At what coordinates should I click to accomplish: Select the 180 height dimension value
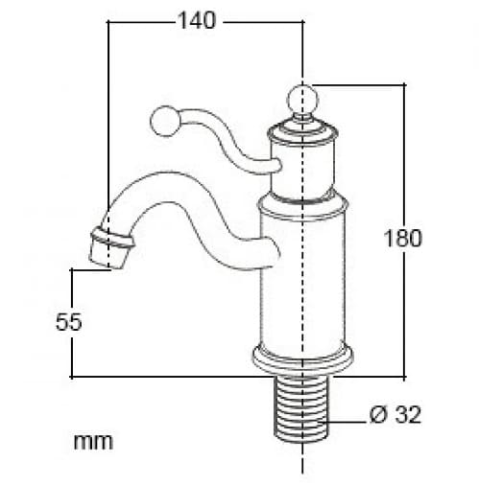coord(403,238)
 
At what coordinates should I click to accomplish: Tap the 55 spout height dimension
coord(67,322)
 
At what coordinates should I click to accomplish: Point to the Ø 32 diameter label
coord(395,415)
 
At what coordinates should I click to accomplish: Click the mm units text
coord(93,442)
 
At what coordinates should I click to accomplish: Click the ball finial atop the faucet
coord(303,99)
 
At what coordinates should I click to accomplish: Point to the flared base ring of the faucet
coord(303,360)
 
